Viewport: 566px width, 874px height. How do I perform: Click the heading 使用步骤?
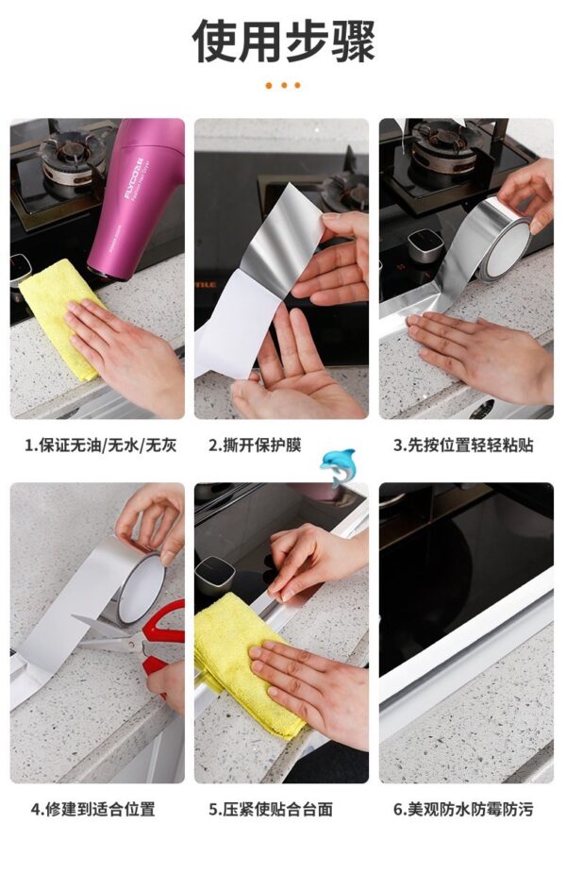point(284,41)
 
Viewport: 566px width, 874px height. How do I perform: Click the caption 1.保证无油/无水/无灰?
point(100,445)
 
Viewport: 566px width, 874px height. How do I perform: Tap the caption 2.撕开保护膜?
point(255,445)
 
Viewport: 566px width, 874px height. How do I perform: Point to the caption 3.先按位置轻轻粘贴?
point(463,445)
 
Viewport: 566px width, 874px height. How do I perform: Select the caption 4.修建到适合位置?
point(92,809)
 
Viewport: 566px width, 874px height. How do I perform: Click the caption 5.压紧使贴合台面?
point(271,809)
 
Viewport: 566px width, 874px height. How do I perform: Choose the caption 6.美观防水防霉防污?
point(463,809)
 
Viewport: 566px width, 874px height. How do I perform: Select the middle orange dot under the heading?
point(284,85)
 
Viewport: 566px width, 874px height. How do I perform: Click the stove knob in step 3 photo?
point(425,245)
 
